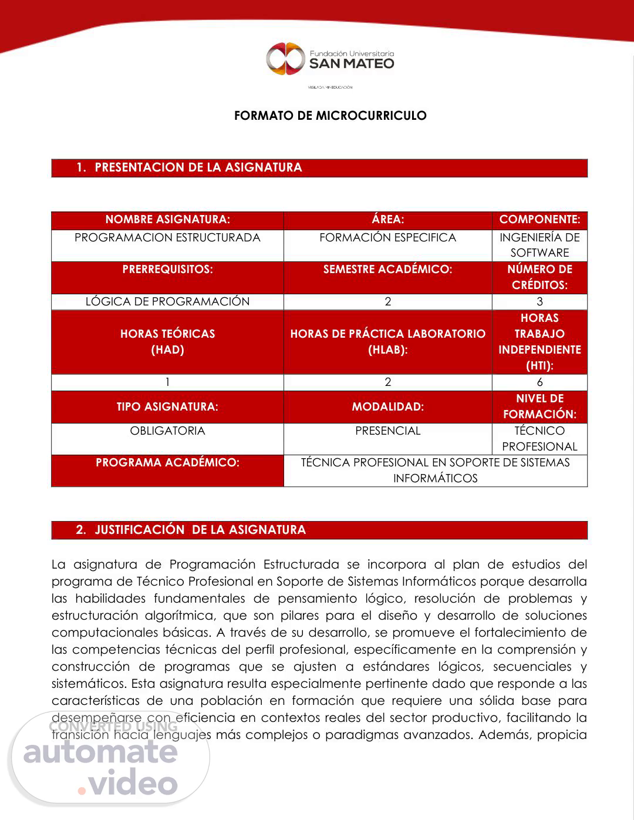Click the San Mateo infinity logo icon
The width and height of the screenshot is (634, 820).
286,59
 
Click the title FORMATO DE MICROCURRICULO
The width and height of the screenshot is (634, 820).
330,116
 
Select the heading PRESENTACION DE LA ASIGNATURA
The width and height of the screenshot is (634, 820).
198,167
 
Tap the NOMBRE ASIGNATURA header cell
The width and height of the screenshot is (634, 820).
167,220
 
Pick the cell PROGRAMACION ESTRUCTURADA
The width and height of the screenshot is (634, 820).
167,238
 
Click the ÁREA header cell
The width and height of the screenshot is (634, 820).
387,220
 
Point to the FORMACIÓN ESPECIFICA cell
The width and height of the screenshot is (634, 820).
387,238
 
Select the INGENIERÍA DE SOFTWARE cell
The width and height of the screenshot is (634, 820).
539,245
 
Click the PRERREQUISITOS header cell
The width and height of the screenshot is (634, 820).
167,270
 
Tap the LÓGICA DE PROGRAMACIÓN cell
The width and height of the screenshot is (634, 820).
167,302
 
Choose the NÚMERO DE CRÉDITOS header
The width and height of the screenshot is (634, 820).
539,277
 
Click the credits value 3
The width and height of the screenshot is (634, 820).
539,302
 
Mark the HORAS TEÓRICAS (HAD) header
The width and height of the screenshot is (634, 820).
167,342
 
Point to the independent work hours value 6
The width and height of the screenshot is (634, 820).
539,382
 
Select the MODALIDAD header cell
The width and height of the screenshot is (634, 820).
387,406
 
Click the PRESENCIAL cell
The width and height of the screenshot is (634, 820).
387,431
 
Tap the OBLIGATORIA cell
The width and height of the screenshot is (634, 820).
167,431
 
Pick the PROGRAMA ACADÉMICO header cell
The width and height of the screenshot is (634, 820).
167,463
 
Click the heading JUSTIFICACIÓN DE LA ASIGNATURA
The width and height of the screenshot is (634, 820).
200,530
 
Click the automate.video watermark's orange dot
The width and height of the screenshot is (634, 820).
82,791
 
